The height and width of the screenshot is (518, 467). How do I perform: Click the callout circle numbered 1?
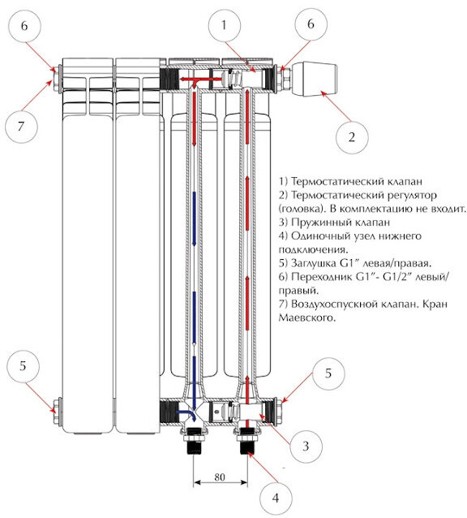coord(225,25)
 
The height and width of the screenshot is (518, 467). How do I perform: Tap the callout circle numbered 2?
coord(352,136)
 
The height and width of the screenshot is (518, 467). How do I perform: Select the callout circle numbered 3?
coord(306,446)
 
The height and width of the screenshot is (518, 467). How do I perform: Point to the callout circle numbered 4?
coord(276,498)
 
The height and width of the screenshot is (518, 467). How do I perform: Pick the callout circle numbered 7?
coord(21,126)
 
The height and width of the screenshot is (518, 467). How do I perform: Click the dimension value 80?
coord(220,477)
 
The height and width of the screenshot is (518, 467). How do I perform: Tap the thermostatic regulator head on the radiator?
coord(315,79)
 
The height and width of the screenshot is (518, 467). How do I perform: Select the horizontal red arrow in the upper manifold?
coord(200,80)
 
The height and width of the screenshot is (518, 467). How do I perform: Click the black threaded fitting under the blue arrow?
coord(195,441)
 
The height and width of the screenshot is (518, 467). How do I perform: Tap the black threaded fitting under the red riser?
coord(247,441)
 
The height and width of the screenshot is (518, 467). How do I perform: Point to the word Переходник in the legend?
coord(322,277)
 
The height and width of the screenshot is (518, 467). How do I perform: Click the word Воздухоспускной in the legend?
coord(334,304)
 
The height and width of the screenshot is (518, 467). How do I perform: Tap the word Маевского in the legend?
coord(306,317)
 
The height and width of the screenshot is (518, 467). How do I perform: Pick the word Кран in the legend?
coord(435,304)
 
